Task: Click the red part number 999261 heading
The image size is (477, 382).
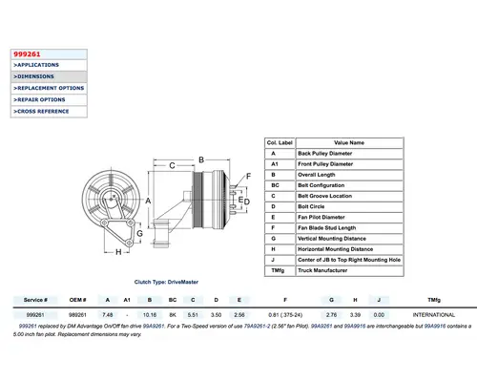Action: tap(27, 53)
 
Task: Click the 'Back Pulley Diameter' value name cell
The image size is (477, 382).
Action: tap(342, 153)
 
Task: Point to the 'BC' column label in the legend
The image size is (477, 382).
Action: tap(273, 184)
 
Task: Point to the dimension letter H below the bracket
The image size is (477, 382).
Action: tap(118, 253)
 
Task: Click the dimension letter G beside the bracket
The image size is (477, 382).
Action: tap(140, 232)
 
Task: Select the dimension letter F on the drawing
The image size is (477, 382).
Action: tap(247, 177)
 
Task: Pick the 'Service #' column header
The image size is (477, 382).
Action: tap(35, 299)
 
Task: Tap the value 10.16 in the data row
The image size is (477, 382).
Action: tap(150, 313)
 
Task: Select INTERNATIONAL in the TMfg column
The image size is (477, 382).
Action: tap(434, 313)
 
